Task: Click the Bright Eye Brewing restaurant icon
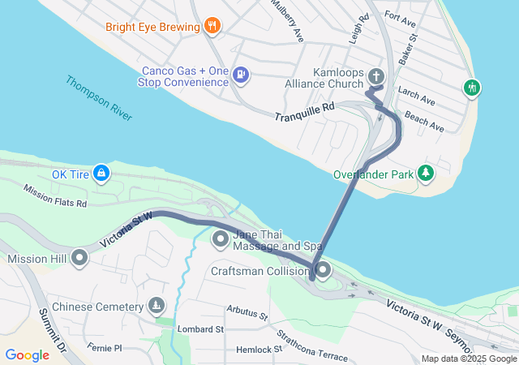pyautogui.click(x=212, y=26)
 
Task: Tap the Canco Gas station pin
pyautogui.click(x=240, y=75)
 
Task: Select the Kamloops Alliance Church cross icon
pyautogui.click(x=375, y=76)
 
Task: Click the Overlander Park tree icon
pyautogui.click(x=425, y=173)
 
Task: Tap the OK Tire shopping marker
pyautogui.click(x=101, y=173)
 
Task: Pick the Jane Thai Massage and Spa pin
pyautogui.click(x=221, y=239)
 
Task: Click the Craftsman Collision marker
pyautogui.click(x=323, y=269)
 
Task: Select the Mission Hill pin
pyautogui.click(x=79, y=258)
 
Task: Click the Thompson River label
pyautogui.click(x=99, y=99)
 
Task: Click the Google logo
pyautogui.click(x=27, y=355)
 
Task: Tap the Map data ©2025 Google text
pyautogui.click(x=468, y=359)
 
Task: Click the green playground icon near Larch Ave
pyautogui.click(x=472, y=87)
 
